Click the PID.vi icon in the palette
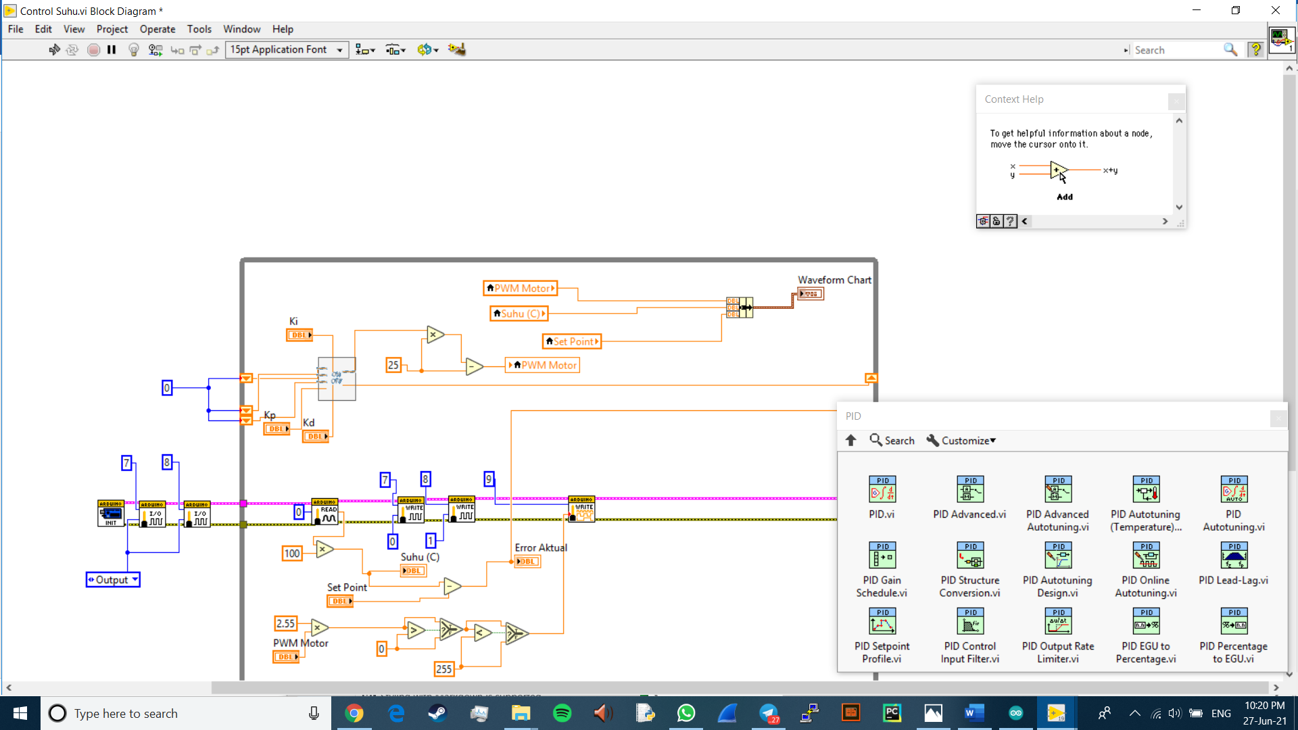pyautogui.click(x=882, y=489)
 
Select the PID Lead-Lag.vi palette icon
pyautogui.click(x=1234, y=556)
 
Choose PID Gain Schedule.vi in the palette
pyautogui.click(x=882, y=556)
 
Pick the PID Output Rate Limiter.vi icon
pyautogui.click(x=1058, y=621)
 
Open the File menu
pyautogui.click(x=16, y=29)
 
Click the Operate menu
pyautogui.click(x=157, y=29)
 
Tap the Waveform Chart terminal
pyautogui.click(x=811, y=294)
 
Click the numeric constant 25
pyautogui.click(x=393, y=365)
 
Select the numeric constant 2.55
pyautogui.click(x=285, y=623)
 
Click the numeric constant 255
pyautogui.click(x=443, y=669)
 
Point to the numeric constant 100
pyautogui.click(x=292, y=554)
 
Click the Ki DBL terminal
pyautogui.click(x=299, y=335)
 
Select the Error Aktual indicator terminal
pyautogui.click(x=527, y=562)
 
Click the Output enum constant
pyautogui.click(x=113, y=580)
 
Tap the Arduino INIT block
pyautogui.click(x=110, y=514)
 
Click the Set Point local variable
pyautogui.click(x=572, y=342)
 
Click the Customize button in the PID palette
pyautogui.click(x=961, y=441)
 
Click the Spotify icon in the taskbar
pyautogui.click(x=562, y=713)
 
